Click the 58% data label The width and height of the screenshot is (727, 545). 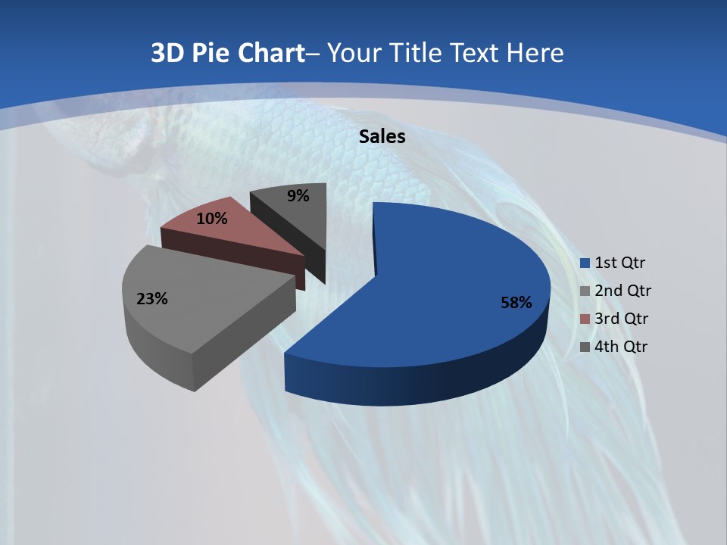tap(516, 303)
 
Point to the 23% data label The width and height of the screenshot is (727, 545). tap(151, 299)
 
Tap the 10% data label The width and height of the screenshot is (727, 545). tap(211, 219)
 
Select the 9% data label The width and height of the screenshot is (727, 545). tap(298, 196)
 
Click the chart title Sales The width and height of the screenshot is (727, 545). tap(382, 136)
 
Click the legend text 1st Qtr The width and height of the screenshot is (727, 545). tap(619, 263)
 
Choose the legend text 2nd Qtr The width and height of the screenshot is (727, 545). tap(622, 291)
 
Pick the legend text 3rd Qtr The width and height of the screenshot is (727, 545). tap(622, 319)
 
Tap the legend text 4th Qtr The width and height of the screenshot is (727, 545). tap(622, 347)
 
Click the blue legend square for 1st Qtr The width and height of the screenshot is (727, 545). tap(585, 263)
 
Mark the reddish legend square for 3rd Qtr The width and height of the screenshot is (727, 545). tap(585, 319)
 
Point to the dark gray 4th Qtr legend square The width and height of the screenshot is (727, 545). tap(585, 347)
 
